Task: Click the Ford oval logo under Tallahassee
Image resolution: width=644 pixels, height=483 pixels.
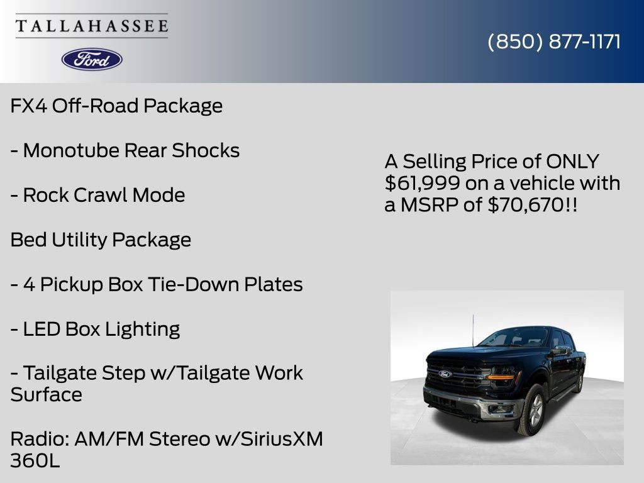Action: pyautogui.click(x=92, y=60)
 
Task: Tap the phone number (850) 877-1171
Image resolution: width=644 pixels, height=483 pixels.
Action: pyautogui.click(x=554, y=42)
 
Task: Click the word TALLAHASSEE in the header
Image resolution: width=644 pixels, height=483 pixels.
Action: pyautogui.click(x=92, y=26)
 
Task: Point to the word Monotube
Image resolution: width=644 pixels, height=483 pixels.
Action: pyautogui.click(x=71, y=150)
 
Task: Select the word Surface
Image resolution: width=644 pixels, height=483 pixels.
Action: pyautogui.click(x=46, y=395)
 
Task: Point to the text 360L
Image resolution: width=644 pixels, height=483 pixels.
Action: pyautogui.click(x=35, y=460)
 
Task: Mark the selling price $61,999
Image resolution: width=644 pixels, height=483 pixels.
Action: pyautogui.click(x=422, y=183)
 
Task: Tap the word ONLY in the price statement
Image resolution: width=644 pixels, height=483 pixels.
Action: pyautogui.click(x=572, y=162)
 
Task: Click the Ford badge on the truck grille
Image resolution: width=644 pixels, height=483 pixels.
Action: pyautogui.click(x=445, y=374)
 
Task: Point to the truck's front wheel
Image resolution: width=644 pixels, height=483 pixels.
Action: pyautogui.click(x=533, y=411)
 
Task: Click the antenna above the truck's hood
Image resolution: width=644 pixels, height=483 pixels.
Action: pyautogui.click(x=473, y=331)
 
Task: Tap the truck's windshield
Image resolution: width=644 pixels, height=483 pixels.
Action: pyautogui.click(x=513, y=338)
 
